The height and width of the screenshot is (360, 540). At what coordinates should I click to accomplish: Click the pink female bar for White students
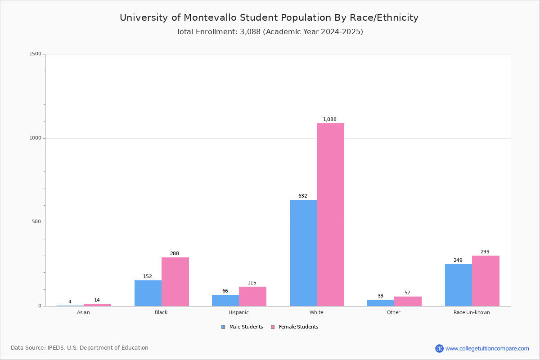tap(330, 215)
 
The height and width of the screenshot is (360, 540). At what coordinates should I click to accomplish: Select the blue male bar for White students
tap(303, 253)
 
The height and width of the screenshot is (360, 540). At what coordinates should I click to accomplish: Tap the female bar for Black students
tap(175, 282)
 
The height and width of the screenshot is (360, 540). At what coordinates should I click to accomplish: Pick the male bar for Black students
tap(148, 293)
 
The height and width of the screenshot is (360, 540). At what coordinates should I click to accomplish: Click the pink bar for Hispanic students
tap(252, 297)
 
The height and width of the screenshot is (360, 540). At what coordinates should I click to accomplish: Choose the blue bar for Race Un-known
tap(459, 285)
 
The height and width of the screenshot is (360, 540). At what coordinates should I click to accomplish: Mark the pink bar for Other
tap(408, 301)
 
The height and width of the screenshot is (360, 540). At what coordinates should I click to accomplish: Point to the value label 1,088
tap(330, 119)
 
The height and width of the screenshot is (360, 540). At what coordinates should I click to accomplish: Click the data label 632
tap(303, 196)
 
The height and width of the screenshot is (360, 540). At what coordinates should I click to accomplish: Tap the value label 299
tap(485, 252)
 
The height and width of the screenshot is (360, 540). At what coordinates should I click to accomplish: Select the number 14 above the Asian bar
tap(97, 300)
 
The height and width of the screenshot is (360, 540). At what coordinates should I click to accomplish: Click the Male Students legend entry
tap(242, 327)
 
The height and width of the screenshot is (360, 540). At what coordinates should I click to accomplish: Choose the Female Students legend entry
tap(295, 327)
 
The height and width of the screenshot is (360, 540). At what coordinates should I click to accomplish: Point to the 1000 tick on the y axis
tap(36, 138)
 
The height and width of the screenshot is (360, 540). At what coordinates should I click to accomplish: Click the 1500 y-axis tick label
tap(36, 54)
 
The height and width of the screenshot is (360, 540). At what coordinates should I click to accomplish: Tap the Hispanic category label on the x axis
tap(238, 312)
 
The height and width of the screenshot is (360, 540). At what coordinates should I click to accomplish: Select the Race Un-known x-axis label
tap(472, 312)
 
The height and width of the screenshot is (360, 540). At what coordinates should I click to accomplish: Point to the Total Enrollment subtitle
tap(270, 32)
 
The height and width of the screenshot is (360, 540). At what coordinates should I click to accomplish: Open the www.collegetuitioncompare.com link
tap(487, 348)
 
